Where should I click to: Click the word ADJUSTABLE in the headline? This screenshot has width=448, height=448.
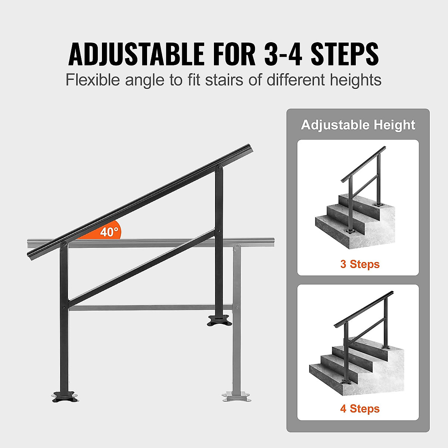(136, 55)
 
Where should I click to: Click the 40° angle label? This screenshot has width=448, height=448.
(109, 232)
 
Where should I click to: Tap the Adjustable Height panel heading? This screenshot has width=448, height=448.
(358, 125)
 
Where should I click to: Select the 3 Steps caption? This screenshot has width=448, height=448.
(360, 264)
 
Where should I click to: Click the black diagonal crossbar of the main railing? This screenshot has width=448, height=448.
(142, 267)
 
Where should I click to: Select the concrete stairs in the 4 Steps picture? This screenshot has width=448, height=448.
(355, 370)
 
